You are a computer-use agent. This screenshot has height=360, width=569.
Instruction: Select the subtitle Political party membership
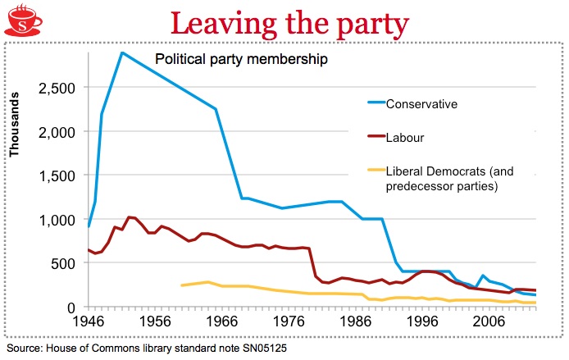242,59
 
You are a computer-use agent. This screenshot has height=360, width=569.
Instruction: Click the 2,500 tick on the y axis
58,88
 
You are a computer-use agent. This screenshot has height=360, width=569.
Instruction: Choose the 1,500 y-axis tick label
58,175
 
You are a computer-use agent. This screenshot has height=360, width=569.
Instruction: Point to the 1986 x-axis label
354,322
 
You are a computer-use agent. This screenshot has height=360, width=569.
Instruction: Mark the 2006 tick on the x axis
489,322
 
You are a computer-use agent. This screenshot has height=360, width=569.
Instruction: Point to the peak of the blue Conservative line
121,52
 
